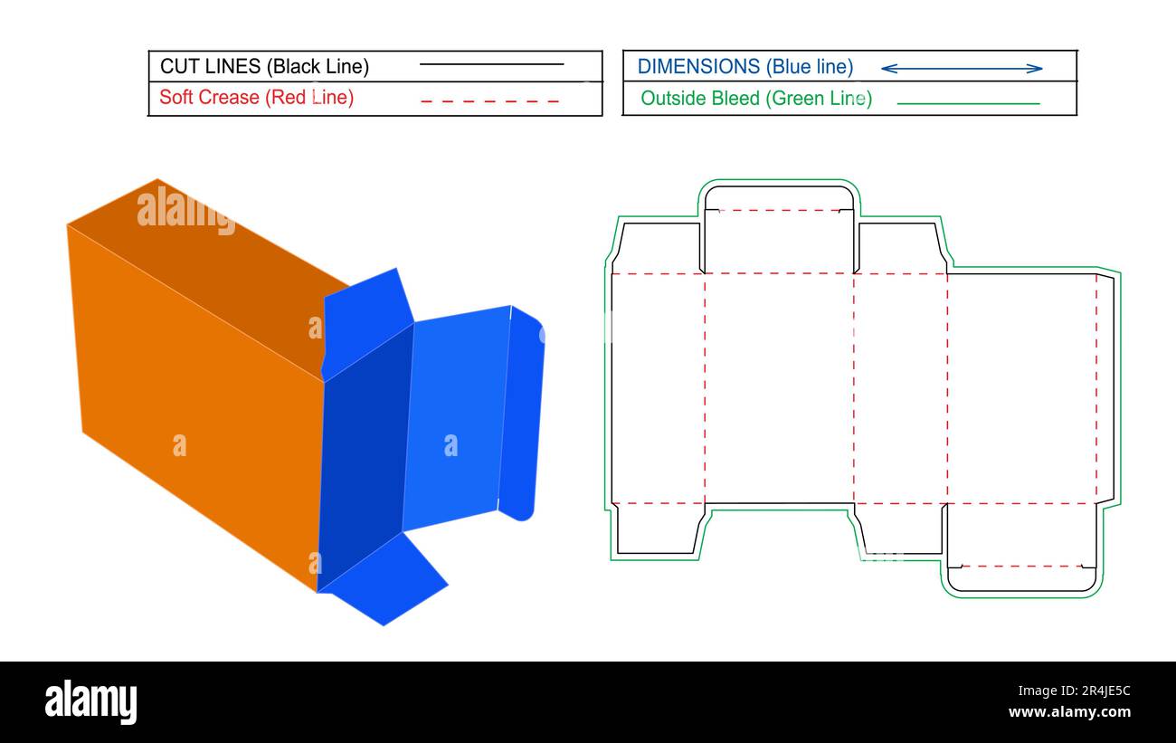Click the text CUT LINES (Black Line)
[x=264, y=66]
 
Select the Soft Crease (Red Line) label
[x=256, y=97]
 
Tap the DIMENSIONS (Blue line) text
[x=744, y=66]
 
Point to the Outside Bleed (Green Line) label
[x=755, y=98]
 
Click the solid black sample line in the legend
[x=491, y=65]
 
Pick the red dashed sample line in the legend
[x=489, y=100]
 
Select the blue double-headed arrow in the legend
[x=961, y=68]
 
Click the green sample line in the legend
[x=968, y=103]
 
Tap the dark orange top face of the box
[x=208, y=271]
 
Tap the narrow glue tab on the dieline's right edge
[x=1105, y=389]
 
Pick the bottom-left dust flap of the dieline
[x=657, y=529]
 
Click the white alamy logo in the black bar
[x=90, y=702]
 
